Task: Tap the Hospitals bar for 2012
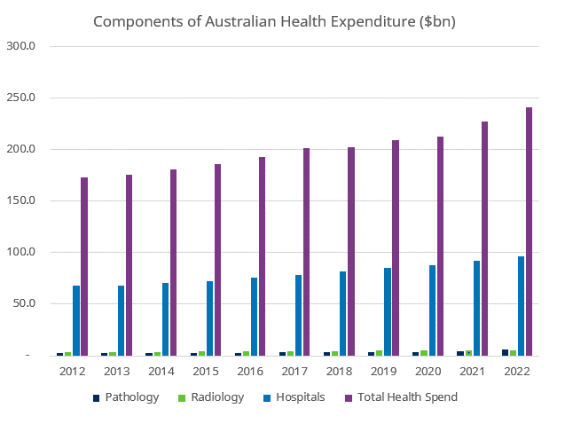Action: (76, 320)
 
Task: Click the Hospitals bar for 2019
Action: (388, 311)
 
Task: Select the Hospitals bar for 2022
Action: (522, 306)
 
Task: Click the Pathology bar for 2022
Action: (506, 352)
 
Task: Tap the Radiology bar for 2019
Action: (380, 353)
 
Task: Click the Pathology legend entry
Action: (126, 397)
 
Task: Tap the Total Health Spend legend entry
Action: (401, 397)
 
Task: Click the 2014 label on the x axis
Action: (161, 371)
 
